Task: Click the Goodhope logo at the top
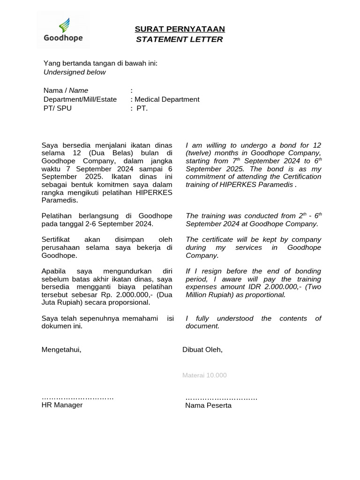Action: pyautogui.click(x=63, y=30)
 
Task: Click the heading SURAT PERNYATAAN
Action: pyautogui.click(x=180, y=29)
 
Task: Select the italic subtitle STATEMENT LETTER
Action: pyautogui.click(x=180, y=39)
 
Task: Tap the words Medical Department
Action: pyautogui.click(x=167, y=99)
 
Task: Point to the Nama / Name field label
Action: pyautogui.click(x=66, y=90)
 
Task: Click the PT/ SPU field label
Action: pyautogui.click(x=58, y=108)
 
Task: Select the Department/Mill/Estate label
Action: pyautogui.click(x=80, y=99)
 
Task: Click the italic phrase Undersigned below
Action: pyautogui.click(x=75, y=72)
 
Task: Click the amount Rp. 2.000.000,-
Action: pyautogui.click(x=131, y=295)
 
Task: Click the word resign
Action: pyautogui.click(x=207, y=271)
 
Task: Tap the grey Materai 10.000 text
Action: pyautogui.click(x=204, y=375)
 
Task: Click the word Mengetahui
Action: pyautogui.click(x=61, y=350)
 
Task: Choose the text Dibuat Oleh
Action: pyautogui.click(x=202, y=350)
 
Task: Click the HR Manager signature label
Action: pyautogui.click(x=62, y=405)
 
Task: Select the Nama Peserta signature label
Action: pyautogui.click(x=208, y=405)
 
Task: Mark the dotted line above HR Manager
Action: pyautogui.click(x=77, y=397)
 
